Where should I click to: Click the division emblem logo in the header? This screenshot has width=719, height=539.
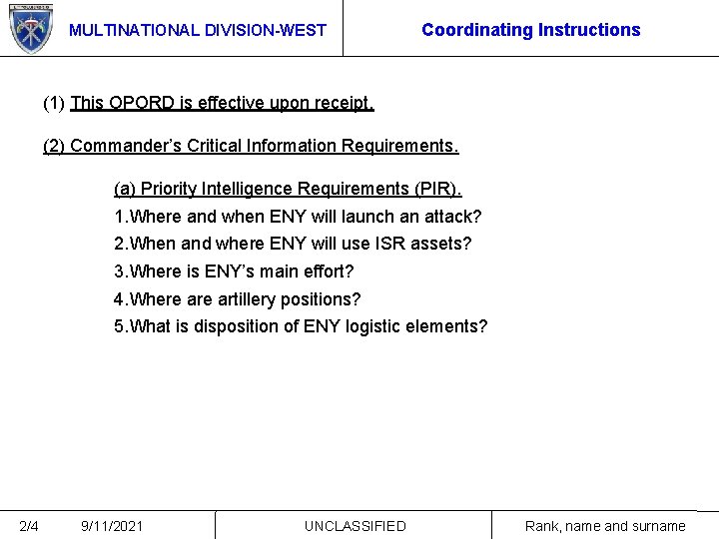tap(30, 28)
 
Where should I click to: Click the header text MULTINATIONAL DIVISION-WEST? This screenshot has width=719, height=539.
tap(197, 30)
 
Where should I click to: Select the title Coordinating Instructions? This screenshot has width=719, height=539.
tap(530, 30)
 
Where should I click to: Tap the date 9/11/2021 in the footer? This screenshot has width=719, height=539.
tap(112, 526)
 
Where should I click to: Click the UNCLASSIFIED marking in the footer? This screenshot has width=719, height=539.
tap(355, 526)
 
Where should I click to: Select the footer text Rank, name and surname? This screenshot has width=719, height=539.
tap(605, 526)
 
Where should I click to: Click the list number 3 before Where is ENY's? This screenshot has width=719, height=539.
tap(120, 271)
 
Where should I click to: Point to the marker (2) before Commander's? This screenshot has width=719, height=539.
tap(54, 146)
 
